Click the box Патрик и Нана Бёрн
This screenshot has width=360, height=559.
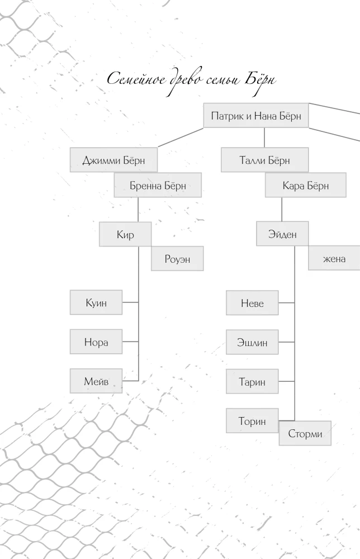(256, 116)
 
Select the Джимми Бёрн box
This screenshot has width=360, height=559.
(113, 160)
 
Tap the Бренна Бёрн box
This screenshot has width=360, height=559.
(158, 185)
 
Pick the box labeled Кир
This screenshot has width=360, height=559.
(125, 234)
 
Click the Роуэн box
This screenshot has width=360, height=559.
(177, 258)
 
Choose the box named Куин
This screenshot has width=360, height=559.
(96, 302)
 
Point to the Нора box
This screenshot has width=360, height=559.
(96, 342)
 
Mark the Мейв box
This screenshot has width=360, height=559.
(96, 381)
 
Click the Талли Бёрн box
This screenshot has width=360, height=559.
(264, 160)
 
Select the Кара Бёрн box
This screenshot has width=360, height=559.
(305, 185)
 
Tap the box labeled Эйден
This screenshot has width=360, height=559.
(283, 234)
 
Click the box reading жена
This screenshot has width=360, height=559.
(334, 258)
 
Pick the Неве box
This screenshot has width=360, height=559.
(252, 302)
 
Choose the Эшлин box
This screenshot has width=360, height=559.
(252, 342)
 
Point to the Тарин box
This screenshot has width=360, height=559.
(252, 381)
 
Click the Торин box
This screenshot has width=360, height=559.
(252, 421)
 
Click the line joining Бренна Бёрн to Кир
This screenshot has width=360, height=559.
(138, 210)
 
